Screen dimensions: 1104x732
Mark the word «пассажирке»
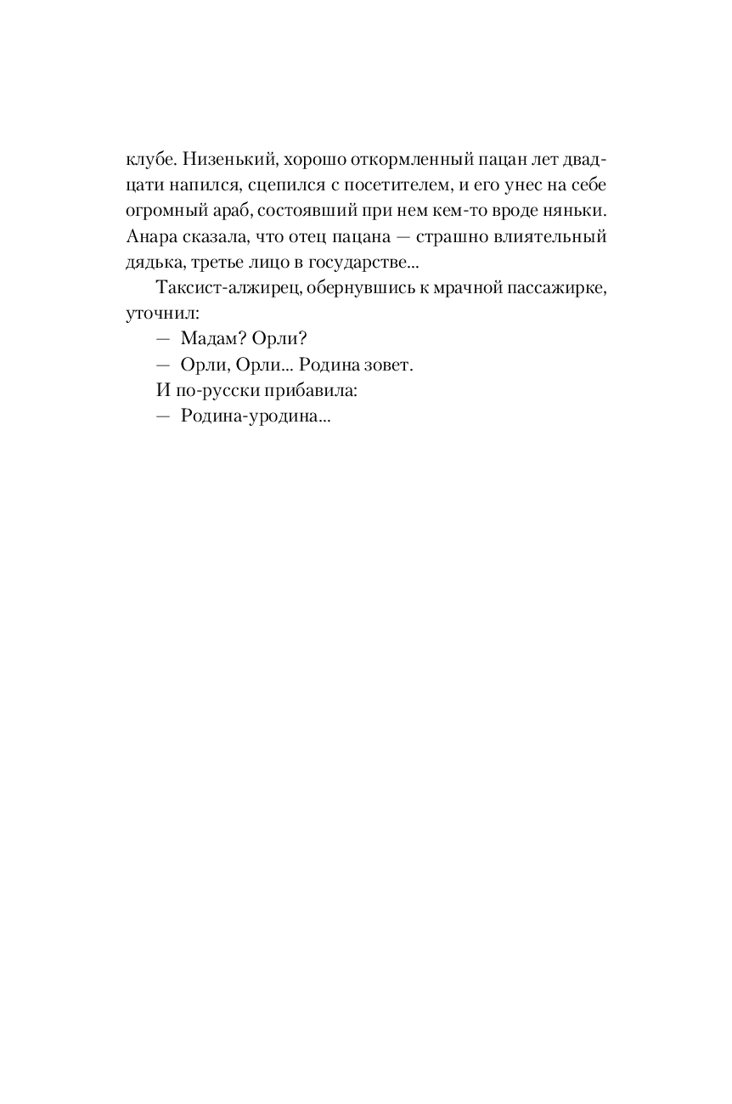[561, 287]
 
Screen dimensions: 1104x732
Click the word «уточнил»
[156, 313]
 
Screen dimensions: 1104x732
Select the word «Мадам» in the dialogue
[207, 338]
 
